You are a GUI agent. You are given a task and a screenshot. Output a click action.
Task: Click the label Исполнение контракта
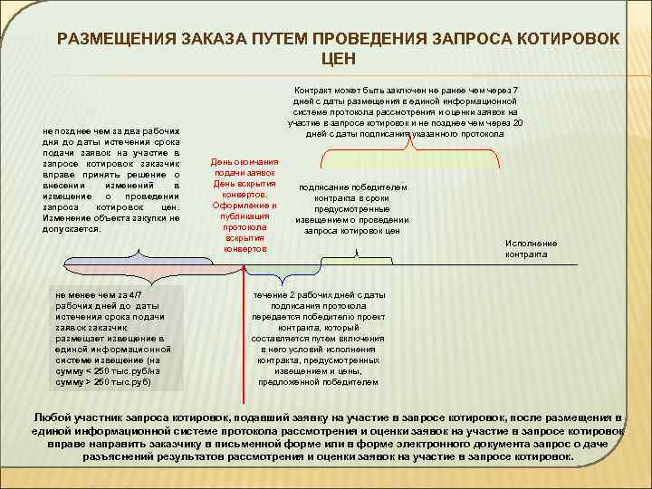click(531, 248)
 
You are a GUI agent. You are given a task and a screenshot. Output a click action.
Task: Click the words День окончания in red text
click(244, 161)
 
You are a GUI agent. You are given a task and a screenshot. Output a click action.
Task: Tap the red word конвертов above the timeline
click(244, 248)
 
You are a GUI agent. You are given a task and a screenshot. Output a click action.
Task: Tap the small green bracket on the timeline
click(350, 262)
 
